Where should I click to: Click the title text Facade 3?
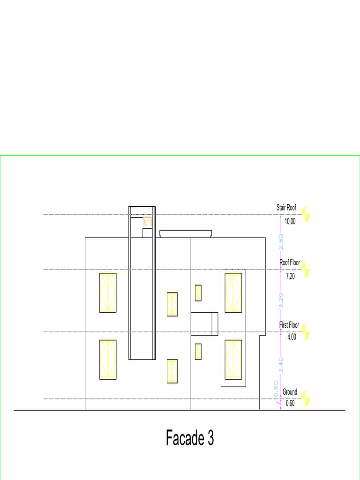[190, 438]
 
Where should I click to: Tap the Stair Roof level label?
[286, 207]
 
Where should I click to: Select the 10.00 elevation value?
[290, 221]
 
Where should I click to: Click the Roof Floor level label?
[290, 262]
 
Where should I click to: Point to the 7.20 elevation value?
[290, 277]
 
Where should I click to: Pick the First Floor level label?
[289, 324]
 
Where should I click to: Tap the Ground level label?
[290, 392]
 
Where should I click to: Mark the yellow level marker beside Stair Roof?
[306, 214]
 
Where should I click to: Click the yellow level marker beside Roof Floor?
[306, 269]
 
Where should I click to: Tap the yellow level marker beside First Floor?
[306, 331]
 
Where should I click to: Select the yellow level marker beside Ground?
[306, 398]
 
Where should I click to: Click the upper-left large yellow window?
[108, 292]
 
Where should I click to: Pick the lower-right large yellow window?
[233, 360]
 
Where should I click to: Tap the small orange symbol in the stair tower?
[147, 221]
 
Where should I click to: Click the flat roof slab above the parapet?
[186, 233]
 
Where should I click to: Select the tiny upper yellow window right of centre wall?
[198, 292]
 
